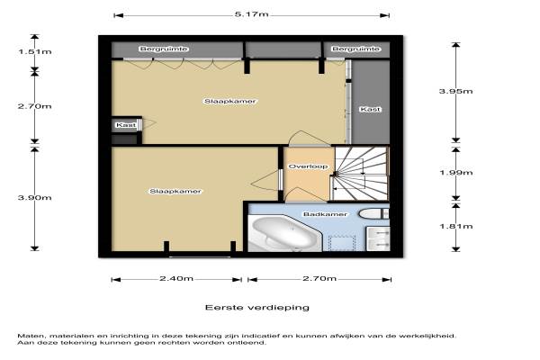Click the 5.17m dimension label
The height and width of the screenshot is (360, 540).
pyautogui.click(x=251, y=14)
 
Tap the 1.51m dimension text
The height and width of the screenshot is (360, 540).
pyautogui.click(x=35, y=51)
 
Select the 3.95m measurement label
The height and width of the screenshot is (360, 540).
pyautogui.click(x=455, y=91)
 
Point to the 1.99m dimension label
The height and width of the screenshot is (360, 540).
pyautogui.click(x=456, y=172)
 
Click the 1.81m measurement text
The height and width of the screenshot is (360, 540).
pyautogui.click(x=456, y=226)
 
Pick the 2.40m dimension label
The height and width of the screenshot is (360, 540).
pyautogui.click(x=176, y=278)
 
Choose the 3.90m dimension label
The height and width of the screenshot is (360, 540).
pyautogui.click(x=35, y=198)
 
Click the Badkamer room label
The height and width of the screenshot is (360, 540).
pyautogui.click(x=325, y=214)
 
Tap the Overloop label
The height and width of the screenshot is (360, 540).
pyautogui.click(x=308, y=166)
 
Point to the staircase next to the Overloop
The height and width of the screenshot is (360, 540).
pyautogui.click(x=362, y=174)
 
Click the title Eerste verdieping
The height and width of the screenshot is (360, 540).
pyautogui.click(x=256, y=307)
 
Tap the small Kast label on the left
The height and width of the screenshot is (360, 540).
pyautogui.click(x=126, y=125)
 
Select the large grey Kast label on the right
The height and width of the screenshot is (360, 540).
pyautogui.click(x=370, y=109)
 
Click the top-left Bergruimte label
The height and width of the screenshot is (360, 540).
pyautogui.click(x=164, y=49)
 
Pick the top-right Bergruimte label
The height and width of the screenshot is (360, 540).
pyautogui.click(x=355, y=49)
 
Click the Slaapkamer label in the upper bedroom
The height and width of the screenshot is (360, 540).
pyautogui.click(x=230, y=102)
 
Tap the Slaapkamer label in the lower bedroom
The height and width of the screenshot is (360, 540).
pyautogui.click(x=175, y=191)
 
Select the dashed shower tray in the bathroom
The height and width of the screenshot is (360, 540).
pyautogui.click(x=342, y=243)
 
